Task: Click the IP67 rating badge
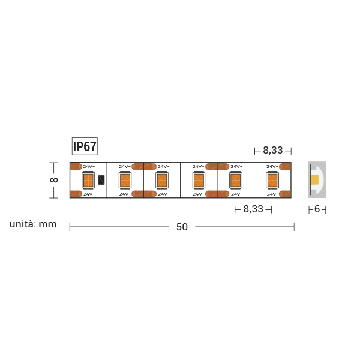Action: click(85, 146)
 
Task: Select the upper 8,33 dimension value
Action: click(272, 150)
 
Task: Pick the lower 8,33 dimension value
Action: click(253, 209)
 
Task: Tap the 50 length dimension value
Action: click(182, 227)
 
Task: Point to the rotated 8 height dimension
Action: click(53, 180)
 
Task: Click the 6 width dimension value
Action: click(317, 209)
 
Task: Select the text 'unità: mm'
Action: click(33, 224)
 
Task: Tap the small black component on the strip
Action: click(101, 179)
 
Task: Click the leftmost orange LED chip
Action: click(88, 180)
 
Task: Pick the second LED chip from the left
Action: click(125, 180)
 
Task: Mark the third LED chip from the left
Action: click(161, 180)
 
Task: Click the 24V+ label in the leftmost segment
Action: click(89, 166)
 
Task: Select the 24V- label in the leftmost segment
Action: click(89, 194)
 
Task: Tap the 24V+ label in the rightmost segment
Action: click(272, 166)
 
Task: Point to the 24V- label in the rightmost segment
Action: click(272, 194)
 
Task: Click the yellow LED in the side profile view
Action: click(314, 180)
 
